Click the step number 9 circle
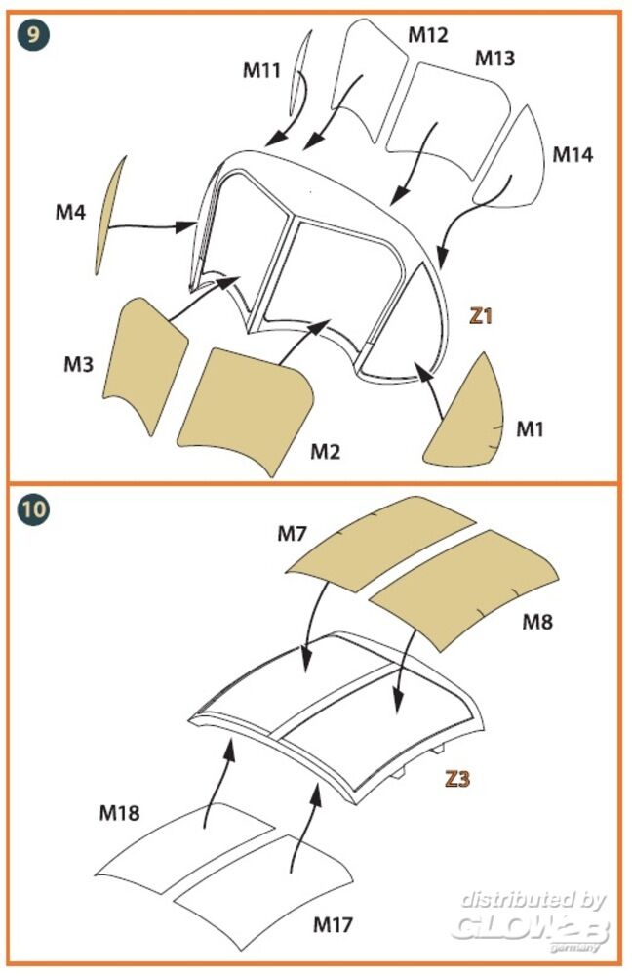coord(33,36)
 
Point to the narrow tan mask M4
coord(110,215)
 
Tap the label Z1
coord(482,316)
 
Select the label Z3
coord(457,779)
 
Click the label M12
coord(427,35)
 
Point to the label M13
coord(494,59)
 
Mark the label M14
coord(573,154)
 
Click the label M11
coord(262,69)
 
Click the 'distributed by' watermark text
coord(533,900)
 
